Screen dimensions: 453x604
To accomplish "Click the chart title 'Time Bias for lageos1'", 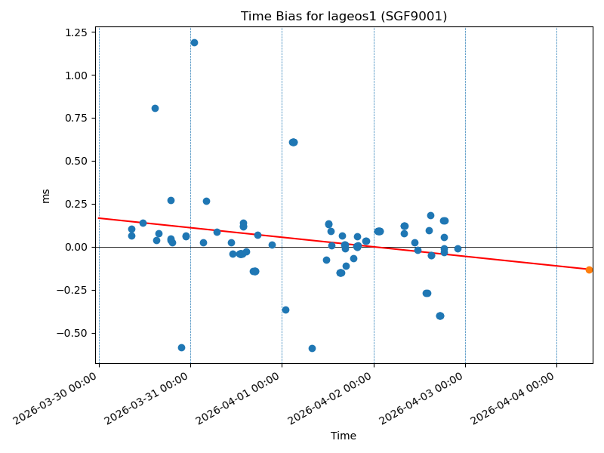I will point(344,17).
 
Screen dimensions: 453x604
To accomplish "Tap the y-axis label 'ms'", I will point(46,196).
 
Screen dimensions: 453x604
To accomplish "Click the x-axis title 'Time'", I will point(344,436).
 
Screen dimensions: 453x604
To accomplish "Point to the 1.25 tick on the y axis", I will point(75,32).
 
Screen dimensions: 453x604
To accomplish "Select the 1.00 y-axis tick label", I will point(75,75).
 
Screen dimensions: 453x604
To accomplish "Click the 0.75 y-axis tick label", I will point(75,119).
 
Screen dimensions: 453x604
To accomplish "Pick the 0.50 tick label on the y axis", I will point(75,161).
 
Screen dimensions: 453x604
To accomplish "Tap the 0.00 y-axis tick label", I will point(75,247).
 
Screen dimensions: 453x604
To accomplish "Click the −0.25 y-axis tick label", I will point(72,290).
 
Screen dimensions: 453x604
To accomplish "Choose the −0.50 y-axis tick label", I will point(72,333).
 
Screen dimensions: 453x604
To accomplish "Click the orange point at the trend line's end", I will point(589,270).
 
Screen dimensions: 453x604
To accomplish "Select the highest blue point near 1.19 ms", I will point(194,43).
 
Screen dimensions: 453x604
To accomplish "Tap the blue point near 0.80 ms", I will point(155,108).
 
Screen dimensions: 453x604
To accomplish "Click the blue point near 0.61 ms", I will point(293,142).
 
